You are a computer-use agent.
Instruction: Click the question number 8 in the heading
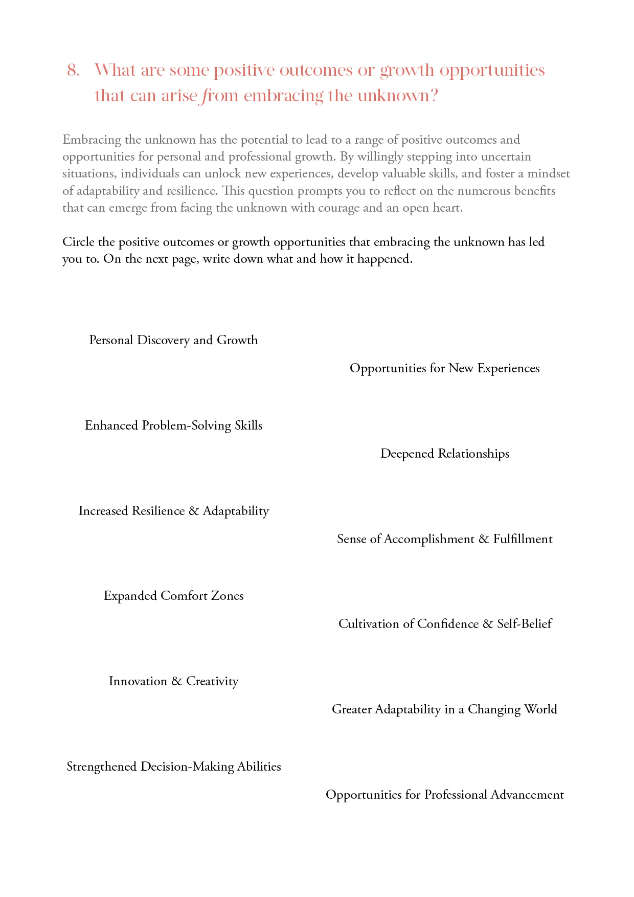[73, 70]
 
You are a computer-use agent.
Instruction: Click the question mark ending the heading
[434, 96]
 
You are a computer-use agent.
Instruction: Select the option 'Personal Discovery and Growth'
[173, 340]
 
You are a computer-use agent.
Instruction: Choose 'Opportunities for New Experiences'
[444, 368]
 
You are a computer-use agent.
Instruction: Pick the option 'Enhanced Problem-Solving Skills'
[173, 425]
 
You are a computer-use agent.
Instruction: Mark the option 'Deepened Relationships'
[444, 454]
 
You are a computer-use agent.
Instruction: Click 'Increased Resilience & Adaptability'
[173, 511]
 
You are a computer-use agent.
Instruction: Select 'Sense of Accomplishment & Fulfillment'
[444, 539]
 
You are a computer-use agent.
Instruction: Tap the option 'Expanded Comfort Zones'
[173, 596]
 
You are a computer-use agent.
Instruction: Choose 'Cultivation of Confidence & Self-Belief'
[444, 624]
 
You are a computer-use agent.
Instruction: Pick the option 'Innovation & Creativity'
[173, 681]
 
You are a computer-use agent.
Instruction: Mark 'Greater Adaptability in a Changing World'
[444, 709]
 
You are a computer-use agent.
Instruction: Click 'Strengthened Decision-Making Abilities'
[173, 767]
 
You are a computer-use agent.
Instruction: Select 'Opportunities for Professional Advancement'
[444, 795]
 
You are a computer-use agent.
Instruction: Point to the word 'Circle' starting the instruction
[78, 242]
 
